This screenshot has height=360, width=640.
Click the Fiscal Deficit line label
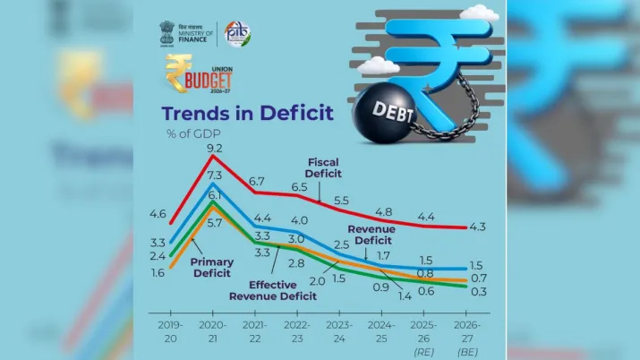point(323,168)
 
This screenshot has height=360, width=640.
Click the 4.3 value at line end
point(477,227)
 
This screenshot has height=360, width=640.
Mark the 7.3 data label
point(215,176)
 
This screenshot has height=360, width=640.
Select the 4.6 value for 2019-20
point(158,214)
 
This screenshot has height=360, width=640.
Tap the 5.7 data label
point(215,223)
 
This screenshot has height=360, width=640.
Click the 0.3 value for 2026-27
point(477,293)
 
